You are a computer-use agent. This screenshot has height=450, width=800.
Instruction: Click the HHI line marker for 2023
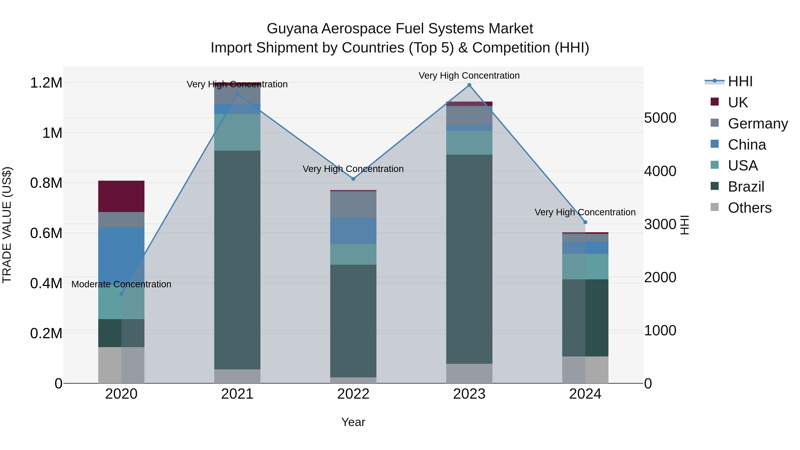point(469,85)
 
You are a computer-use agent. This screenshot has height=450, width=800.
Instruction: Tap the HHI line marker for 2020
point(121,294)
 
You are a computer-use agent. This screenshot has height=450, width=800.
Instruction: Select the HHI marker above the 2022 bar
point(353,179)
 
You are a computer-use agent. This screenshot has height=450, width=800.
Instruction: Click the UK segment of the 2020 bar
point(121,196)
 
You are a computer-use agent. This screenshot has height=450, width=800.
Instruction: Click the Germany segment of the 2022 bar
point(353,204)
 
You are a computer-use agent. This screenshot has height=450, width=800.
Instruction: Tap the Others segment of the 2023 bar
point(469,373)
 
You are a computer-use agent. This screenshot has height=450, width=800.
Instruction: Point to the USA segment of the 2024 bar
point(585,266)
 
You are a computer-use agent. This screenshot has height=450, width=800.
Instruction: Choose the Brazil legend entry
point(746,187)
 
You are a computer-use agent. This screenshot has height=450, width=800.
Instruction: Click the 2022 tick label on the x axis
point(353,394)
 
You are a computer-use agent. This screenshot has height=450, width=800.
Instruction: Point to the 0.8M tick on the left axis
point(46,183)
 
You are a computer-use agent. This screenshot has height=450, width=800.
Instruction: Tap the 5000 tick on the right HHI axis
point(660,118)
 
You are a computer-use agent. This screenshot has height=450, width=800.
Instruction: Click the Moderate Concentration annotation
point(121,284)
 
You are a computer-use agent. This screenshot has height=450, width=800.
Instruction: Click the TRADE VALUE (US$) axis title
point(7,225)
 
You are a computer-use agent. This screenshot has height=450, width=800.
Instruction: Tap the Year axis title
point(353,422)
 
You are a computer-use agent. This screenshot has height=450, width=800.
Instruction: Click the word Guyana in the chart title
point(292,29)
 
